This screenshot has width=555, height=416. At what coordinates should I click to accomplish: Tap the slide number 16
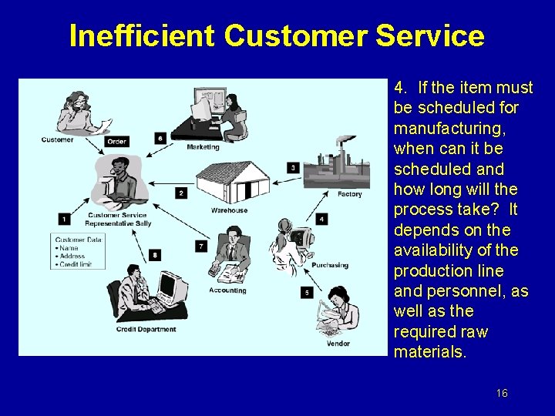click(x=502, y=394)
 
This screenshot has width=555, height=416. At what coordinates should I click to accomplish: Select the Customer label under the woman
click(x=58, y=139)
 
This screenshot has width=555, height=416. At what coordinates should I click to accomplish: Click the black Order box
click(x=117, y=141)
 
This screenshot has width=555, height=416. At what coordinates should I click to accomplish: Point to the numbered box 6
click(x=160, y=139)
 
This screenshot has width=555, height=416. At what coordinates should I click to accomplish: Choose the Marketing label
click(x=203, y=147)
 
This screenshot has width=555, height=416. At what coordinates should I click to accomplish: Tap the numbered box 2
click(x=181, y=193)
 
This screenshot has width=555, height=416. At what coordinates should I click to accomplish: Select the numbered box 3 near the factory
click(x=293, y=167)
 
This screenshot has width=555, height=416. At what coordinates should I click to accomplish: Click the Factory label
click(x=349, y=194)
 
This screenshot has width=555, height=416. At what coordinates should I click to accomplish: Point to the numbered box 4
click(x=321, y=219)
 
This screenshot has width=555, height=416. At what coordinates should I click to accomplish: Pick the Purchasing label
click(x=330, y=266)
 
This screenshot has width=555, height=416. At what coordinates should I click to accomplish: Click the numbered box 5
click(x=307, y=293)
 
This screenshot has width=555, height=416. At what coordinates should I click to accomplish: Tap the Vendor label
click(x=338, y=343)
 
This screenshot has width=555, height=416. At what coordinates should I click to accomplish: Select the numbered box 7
click(x=201, y=246)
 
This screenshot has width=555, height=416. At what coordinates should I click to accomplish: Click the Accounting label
click(x=227, y=290)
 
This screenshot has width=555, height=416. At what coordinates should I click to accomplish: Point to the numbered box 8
click(x=155, y=254)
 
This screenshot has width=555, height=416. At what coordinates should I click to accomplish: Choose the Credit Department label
click(x=146, y=330)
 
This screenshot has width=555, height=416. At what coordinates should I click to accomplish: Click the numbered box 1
click(x=63, y=218)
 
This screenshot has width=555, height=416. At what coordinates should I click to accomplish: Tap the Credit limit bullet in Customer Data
click(x=75, y=264)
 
